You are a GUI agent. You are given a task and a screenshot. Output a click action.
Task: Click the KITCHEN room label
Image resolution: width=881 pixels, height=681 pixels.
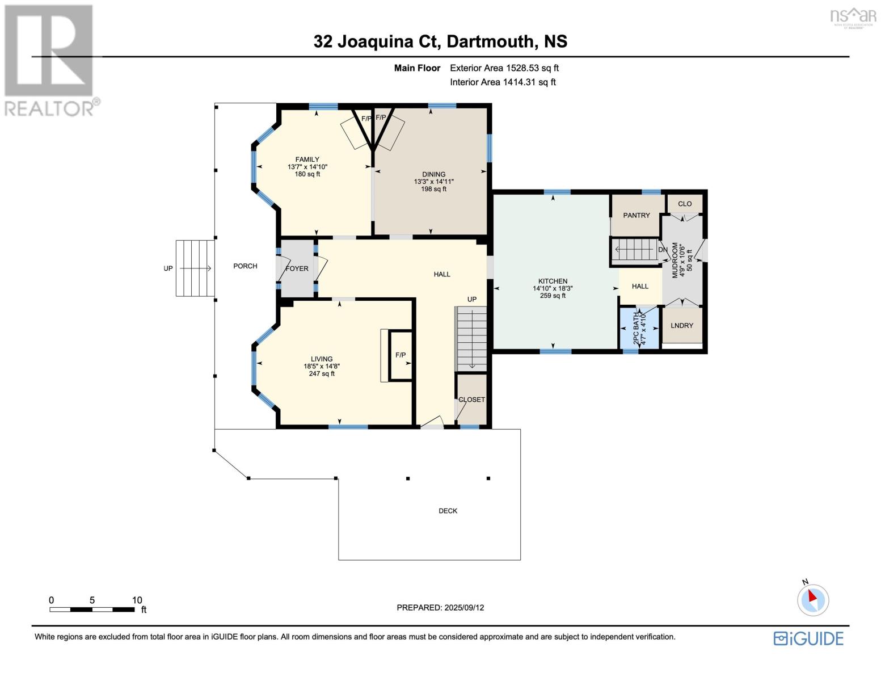553,281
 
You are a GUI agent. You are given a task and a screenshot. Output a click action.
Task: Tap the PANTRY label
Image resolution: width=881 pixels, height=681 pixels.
636,215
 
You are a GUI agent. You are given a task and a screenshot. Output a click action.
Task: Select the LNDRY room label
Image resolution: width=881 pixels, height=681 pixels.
681,325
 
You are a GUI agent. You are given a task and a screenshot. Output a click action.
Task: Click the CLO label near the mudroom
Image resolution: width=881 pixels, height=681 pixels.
684,204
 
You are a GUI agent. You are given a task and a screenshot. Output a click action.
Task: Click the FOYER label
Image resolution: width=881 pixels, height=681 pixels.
297,268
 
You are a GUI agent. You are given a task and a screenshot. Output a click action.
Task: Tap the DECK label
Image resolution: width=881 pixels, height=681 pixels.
448,511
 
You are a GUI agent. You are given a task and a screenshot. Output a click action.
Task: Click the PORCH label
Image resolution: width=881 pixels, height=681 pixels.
245,266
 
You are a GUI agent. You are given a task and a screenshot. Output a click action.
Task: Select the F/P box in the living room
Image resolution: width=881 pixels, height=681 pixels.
401,355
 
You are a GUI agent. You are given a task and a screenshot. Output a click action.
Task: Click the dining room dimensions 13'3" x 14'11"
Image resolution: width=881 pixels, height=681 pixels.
433,182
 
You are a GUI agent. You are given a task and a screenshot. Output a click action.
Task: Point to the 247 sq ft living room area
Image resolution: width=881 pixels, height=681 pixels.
321,373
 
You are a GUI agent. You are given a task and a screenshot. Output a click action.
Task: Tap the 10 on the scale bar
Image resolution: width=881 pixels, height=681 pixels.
137,600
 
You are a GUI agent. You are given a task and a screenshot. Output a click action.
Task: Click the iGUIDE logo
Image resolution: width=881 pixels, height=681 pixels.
808,638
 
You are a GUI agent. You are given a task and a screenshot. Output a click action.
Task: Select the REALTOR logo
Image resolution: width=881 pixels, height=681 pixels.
50,60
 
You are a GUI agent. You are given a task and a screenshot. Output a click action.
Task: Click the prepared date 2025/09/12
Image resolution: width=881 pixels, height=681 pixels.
440,607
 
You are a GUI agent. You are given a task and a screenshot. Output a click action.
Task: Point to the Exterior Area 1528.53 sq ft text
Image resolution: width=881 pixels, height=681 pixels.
504,68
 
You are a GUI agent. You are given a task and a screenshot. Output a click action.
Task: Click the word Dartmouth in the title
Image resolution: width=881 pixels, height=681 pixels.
490,41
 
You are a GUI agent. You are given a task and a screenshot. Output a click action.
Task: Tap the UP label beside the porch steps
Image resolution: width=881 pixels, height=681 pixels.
168,268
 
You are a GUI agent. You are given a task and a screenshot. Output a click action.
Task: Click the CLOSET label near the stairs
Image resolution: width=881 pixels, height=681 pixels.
471,400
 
